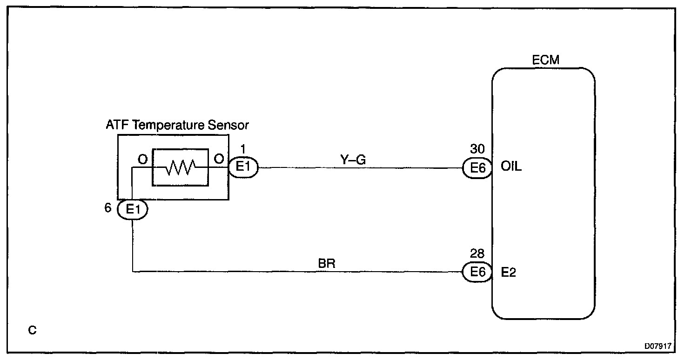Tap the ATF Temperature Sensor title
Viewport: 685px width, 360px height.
pyautogui.click(x=178, y=125)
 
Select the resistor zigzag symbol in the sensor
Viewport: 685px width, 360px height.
pyautogui.click(x=180, y=167)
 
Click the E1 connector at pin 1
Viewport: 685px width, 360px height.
pyautogui.click(x=242, y=167)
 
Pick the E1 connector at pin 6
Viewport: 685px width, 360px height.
pyautogui.click(x=133, y=209)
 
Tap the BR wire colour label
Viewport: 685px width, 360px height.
pyautogui.click(x=327, y=264)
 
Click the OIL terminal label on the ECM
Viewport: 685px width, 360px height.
pyautogui.click(x=511, y=167)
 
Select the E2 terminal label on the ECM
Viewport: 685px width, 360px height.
pyautogui.click(x=508, y=272)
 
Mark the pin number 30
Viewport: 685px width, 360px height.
pyautogui.click(x=477, y=150)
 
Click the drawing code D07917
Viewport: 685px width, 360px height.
pyautogui.click(x=658, y=346)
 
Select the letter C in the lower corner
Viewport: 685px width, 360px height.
pyautogui.click(x=32, y=330)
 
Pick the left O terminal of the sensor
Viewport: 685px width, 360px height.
pyautogui.click(x=142, y=159)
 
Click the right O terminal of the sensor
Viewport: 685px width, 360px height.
pyautogui.click(x=218, y=159)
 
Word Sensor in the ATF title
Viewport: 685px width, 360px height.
pyautogui.click(x=231, y=125)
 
